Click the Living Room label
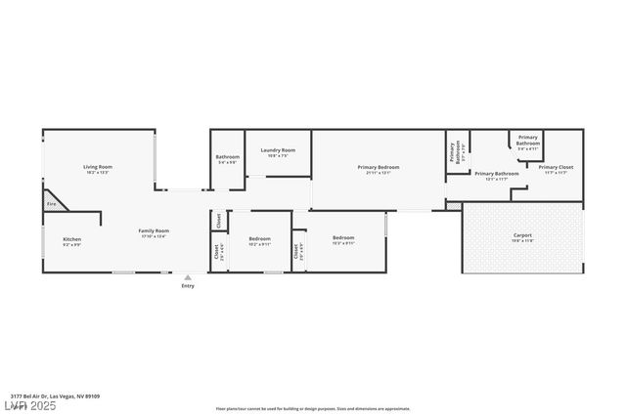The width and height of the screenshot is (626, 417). click(x=98, y=167)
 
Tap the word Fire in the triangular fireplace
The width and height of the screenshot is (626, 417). click(x=51, y=204)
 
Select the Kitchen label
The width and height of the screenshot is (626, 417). click(x=72, y=239)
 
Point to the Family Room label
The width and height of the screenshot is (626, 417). click(x=154, y=230)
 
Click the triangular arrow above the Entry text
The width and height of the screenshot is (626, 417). click(x=188, y=278)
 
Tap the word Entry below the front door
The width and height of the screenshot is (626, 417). click(x=188, y=286)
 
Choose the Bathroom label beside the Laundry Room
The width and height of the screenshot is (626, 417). click(x=228, y=156)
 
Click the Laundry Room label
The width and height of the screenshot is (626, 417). click(x=278, y=150)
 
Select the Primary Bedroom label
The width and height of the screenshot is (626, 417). click(x=378, y=167)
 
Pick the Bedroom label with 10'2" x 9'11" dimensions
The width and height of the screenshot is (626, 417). click(x=259, y=239)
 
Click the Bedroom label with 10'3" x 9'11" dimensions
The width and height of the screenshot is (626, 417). click(x=343, y=237)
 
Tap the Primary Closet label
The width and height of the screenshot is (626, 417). click(x=556, y=167)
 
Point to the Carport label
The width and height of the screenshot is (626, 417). click(x=522, y=235)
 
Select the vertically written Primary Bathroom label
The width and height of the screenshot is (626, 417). click(x=454, y=152)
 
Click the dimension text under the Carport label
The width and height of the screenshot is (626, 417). click(x=522, y=240)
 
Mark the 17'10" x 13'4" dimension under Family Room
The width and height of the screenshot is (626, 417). click(x=154, y=236)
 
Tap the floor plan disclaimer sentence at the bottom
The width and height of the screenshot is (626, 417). click(x=312, y=409)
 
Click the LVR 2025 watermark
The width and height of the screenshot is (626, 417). click(x=30, y=405)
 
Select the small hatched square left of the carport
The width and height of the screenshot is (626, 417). click(x=453, y=206)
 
